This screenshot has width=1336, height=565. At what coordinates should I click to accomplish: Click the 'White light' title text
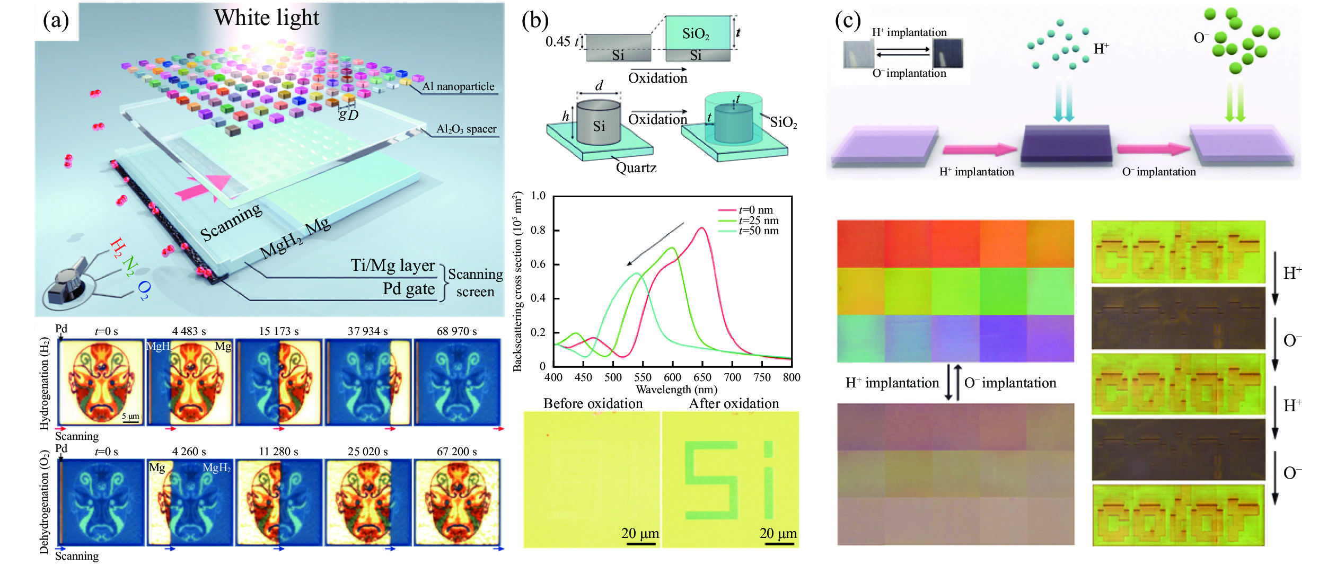[266, 18]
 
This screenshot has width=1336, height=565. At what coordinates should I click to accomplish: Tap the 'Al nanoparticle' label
[458, 86]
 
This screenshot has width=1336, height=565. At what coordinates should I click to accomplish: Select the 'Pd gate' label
[408, 289]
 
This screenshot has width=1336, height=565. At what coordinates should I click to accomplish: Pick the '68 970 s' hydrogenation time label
[456, 331]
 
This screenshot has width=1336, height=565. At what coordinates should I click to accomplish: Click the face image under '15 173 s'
[279, 382]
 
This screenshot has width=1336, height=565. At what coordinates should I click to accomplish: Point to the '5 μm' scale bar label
[130, 416]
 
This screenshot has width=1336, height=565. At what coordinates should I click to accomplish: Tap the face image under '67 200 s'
[456, 502]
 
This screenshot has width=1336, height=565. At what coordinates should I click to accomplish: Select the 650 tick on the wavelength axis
[702, 377]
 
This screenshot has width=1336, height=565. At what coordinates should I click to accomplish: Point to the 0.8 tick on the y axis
[538, 230]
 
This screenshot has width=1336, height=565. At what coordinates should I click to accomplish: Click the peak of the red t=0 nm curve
[701, 228]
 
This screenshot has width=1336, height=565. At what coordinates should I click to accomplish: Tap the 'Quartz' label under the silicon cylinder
[636, 168]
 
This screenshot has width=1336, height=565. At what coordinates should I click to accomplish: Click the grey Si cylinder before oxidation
[599, 123]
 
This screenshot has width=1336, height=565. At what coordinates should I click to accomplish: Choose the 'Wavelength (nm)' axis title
[676, 390]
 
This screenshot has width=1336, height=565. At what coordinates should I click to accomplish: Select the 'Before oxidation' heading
[593, 404]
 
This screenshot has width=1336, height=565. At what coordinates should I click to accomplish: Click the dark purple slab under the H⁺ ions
[1066, 144]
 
